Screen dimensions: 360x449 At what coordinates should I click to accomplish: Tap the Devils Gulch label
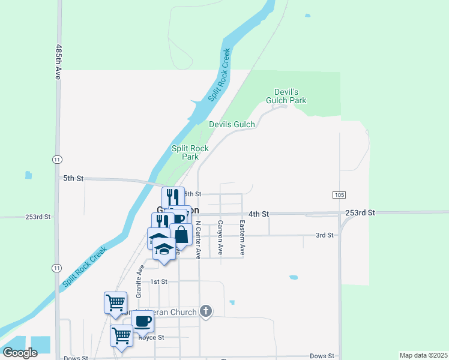[232, 124]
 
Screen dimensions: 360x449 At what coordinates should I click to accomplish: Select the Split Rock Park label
[190, 152]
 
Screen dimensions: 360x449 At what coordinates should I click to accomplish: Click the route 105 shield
[339, 195]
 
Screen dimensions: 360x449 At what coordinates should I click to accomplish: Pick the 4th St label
[259, 214]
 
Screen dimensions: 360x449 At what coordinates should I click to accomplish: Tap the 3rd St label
[324, 235]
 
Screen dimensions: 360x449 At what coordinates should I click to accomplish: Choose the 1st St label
[158, 281]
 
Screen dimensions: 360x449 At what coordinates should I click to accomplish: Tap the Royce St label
[151, 338]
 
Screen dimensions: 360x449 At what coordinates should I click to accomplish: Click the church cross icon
[206, 311]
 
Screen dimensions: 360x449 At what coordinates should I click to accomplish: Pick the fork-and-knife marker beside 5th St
[173, 197]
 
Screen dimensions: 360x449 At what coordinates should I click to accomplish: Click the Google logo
[20, 353]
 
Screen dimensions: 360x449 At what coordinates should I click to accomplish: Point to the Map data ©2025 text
[423, 355]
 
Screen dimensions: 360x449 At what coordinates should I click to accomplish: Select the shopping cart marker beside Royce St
[122, 335]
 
